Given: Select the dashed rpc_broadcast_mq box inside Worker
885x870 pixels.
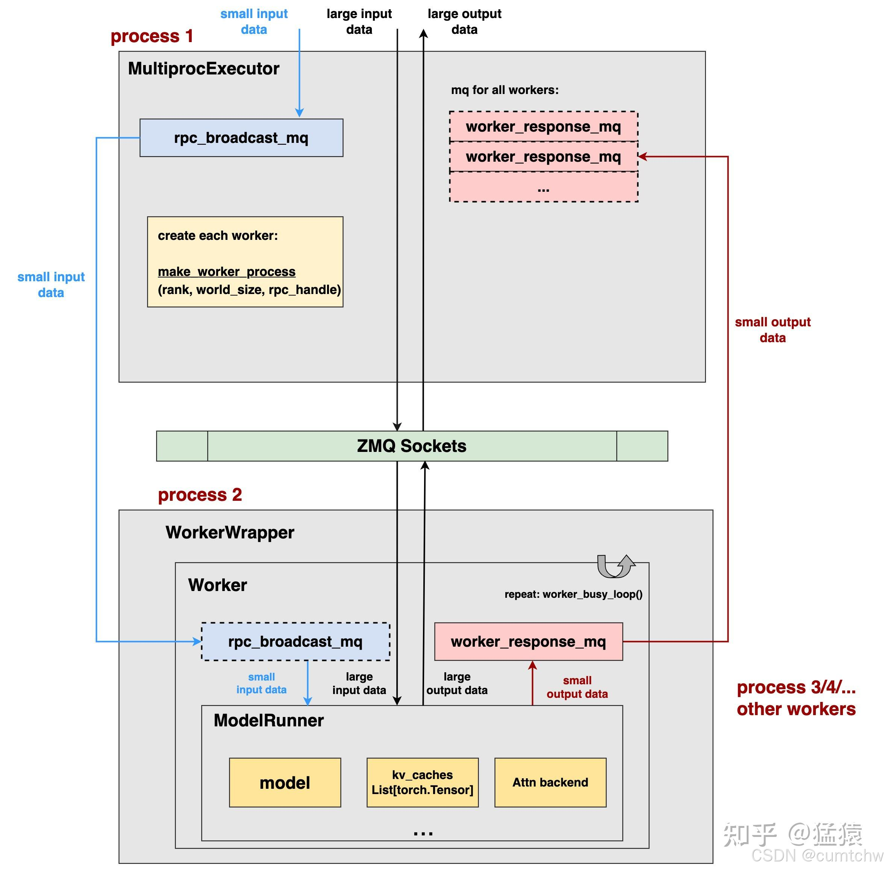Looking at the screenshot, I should pyautogui.click(x=295, y=641).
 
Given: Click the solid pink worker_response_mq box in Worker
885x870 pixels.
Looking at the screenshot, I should pyautogui.click(x=528, y=641).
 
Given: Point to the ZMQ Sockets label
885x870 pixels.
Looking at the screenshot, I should pyautogui.click(x=411, y=446).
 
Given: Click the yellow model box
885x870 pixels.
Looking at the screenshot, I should pyautogui.click(x=285, y=783).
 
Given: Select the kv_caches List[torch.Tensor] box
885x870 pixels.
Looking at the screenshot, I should pyautogui.click(x=422, y=782).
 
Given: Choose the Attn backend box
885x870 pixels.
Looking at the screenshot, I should pyautogui.click(x=550, y=782).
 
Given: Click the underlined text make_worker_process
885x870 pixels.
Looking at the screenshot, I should pyautogui.click(x=226, y=271).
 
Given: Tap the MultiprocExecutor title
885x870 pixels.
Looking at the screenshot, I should pyautogui.click(x=203, y=68).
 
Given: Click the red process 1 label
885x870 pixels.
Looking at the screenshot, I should pyautogui.click(x=152, y=36).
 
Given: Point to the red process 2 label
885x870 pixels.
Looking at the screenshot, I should pyautogui.click(x=200, y=494).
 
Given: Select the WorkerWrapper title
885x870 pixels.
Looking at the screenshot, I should pyautogui.click(x=229, y=532).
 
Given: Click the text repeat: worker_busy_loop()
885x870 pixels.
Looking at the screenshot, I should pyautogui.click(x=573, y=594).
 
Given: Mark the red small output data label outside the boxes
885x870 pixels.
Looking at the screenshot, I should pyautogui.click(x=772, y=329).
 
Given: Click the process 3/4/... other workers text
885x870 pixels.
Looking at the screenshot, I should pyautogui.click(x=796, y=698).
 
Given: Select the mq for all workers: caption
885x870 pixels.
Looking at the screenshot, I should pyautogui.click(x=505, y=90).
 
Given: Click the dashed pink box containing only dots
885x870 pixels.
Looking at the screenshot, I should pyautogui.click(x=543, y=187).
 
